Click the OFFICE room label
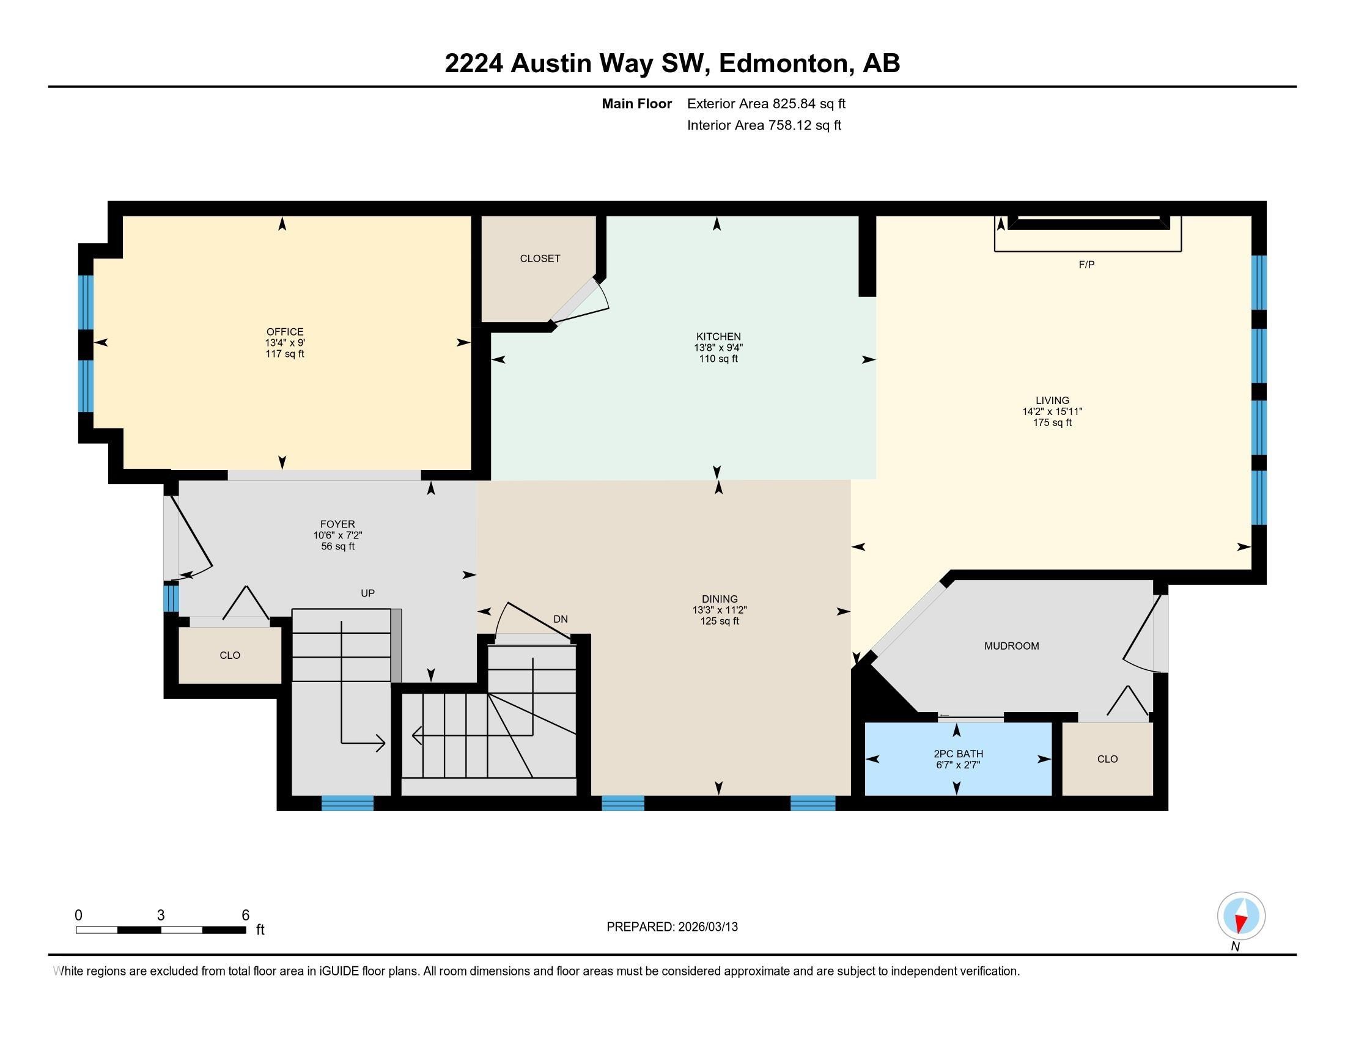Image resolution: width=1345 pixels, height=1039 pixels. coord(284,332)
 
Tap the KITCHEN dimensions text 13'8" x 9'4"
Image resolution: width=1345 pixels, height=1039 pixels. coord(718,348)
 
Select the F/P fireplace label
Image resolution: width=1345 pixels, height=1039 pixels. coord(1086,265)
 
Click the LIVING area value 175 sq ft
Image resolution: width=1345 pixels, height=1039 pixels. coord(1052,423)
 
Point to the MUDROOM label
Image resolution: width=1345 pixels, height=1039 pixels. coord(1011,645)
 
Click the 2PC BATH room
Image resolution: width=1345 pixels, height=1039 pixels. coord(957,758)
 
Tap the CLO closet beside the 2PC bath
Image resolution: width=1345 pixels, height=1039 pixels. coord(1107,759)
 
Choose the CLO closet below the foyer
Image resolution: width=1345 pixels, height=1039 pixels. coord(230,656)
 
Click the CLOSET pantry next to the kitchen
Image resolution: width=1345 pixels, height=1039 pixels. coord(539,259)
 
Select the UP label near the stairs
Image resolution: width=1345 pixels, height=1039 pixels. coord(367,593)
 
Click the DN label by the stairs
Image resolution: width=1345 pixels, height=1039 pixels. coord(560,619)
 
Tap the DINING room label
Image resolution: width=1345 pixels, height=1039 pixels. coord(720,599)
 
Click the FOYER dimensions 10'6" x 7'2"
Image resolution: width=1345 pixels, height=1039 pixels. coord(337,535)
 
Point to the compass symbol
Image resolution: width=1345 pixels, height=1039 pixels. coord(1241,916)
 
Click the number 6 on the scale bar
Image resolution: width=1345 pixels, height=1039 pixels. coord(245,916)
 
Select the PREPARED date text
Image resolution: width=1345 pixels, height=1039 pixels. coord(672,927)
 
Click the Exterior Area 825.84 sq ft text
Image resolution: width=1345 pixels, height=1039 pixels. coord(766,103)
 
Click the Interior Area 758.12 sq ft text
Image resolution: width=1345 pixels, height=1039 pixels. coord(764,125)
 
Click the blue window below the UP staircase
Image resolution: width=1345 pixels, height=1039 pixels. coord(347,802)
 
